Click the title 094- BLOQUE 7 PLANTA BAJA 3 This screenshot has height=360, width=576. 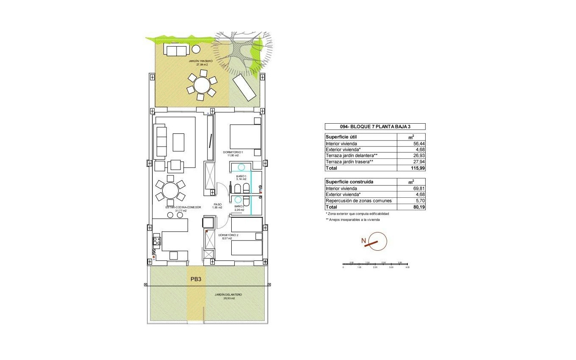(x=375, y=127)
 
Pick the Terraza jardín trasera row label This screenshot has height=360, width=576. (x=349, y=162)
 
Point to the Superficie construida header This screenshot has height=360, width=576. (x=349, y=182)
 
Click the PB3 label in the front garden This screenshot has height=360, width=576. (x=196, y=279)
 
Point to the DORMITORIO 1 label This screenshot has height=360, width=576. (x=233, y=152)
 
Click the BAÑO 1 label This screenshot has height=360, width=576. (x=241, y=176)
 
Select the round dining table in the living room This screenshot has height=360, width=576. (x=170, y=190)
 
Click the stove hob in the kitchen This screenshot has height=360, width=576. (x=157, y=241)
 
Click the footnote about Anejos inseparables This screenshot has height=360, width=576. (x=352, y=220)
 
